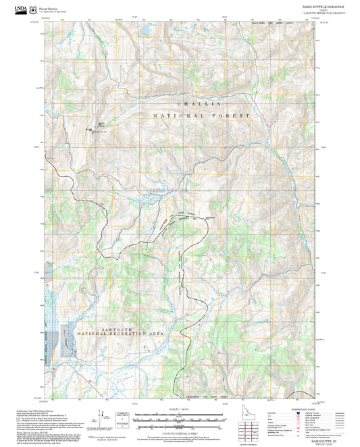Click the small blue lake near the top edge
click(x=144, y=31)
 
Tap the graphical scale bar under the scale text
click(x=180, y=413)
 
